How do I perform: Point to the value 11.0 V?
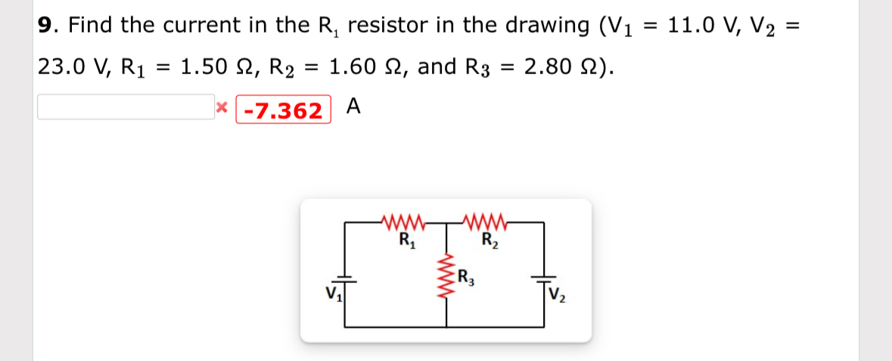[701, 26]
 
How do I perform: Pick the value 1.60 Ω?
[363, 67]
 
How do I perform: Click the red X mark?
[221, 108]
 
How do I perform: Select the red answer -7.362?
[283, 110]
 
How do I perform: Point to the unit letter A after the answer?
[353, 107]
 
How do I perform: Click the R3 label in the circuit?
[467, 277]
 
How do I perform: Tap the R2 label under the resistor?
[490, 242]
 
